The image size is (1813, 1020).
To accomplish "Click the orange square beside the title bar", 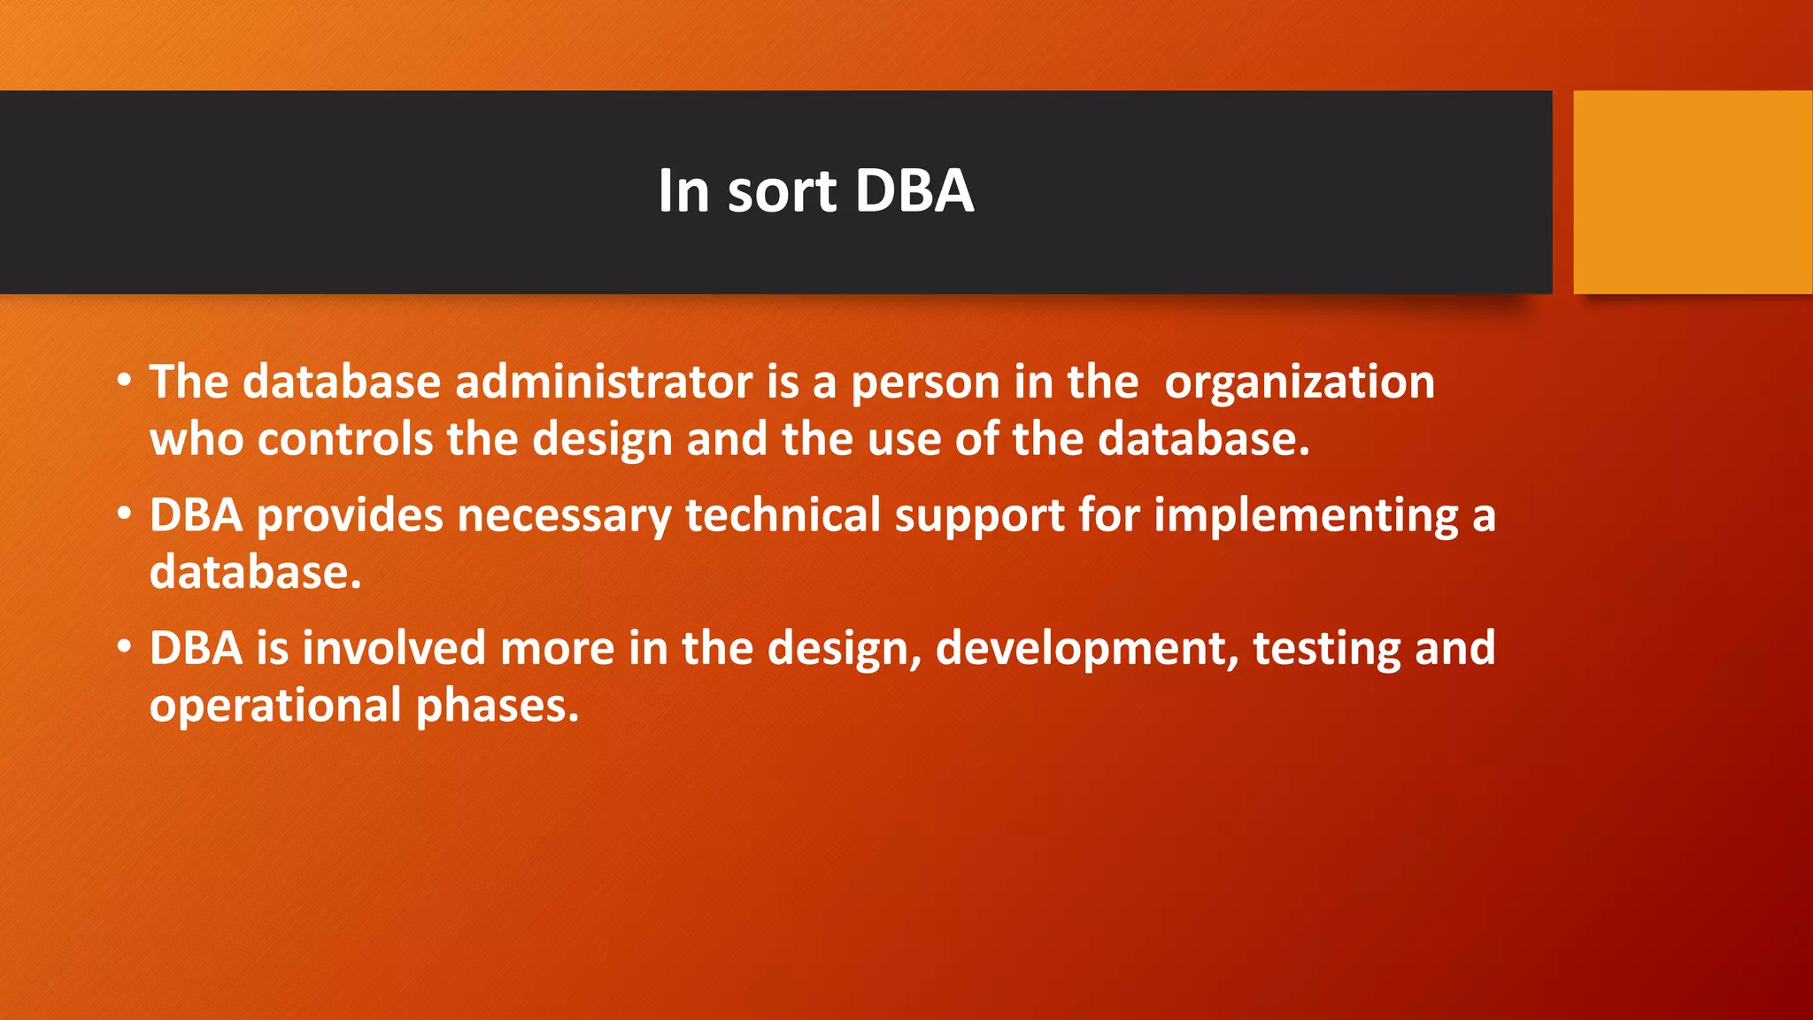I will point(1692,191).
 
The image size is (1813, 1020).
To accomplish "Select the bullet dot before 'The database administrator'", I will point(125,382).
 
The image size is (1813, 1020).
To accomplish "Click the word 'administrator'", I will point(604,382).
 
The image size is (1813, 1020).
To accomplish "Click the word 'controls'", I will point(345,439).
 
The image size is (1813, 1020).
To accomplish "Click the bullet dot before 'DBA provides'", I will point(125,514).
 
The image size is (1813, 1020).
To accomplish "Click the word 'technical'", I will point(783,515).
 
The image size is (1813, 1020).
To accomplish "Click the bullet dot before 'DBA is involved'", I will point(125,647).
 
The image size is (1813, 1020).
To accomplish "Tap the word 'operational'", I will point(275,707).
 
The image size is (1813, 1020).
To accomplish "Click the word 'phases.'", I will point(498,707).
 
